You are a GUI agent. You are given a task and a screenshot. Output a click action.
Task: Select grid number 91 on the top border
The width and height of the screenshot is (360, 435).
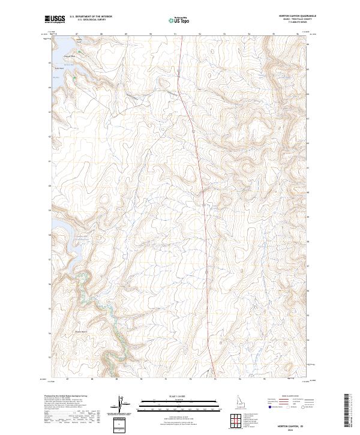(175, 34)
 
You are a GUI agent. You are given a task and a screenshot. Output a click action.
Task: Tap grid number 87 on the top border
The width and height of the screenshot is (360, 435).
(77, 34)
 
